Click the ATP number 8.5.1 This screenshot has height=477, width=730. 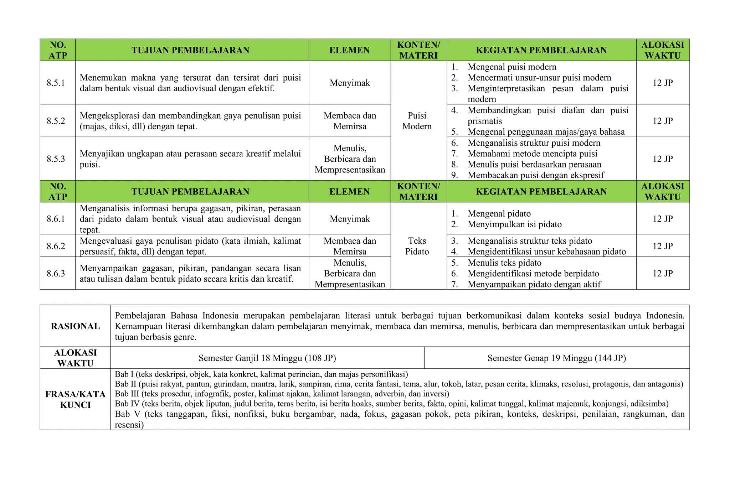click(x=56, y=83)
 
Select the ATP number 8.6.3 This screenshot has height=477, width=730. click(x=56, y=274)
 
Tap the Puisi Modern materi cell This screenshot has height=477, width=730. click(x=417, y=121)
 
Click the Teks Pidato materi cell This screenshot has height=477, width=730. click(x=417, y=246)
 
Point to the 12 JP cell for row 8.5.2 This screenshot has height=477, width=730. click(x=662, y=121)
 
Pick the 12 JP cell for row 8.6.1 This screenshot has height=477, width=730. click(x=662, y=219)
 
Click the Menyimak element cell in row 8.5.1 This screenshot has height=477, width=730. click(x=349, y=83)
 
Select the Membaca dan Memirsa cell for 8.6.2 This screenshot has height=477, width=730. click(x=349, y=246)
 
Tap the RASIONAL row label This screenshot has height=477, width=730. click(x=75, y=326)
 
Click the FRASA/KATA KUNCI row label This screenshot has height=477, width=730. click(x=75, y=399)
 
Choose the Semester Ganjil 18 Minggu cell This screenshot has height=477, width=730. click(x=267, y=358)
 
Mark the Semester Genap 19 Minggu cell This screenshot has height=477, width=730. click(x=556, y=358)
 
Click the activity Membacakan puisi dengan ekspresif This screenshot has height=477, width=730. click(x=536, y=175)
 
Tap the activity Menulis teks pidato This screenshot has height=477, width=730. click(x=504, y=263)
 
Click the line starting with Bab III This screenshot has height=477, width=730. click(x=282, y=394)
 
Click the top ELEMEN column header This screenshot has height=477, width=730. click(x=349, y=50)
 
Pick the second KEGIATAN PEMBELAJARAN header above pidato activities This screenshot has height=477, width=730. click(x=541, y=192)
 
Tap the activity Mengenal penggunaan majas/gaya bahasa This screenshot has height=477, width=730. click(x=546, y=132)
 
